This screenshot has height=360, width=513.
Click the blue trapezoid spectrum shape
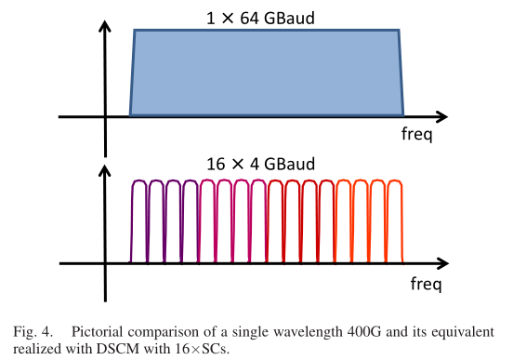click(x=266, y=73)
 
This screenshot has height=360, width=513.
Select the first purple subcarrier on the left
click(x=139, y=223)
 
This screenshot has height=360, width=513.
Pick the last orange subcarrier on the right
click(x=394, y=223)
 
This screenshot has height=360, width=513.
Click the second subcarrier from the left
click(x=156, y=223)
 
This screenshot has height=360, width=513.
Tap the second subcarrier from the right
click(x=377, y=223)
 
